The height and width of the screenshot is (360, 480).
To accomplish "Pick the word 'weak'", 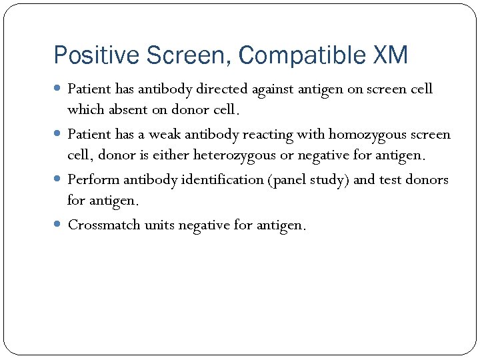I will (x=165, y=134).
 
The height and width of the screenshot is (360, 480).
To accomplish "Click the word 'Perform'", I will (x=91, y=179).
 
